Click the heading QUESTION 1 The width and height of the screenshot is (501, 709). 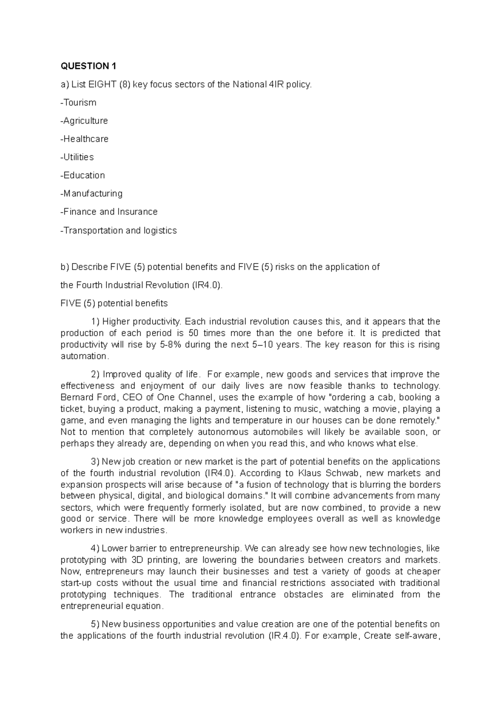88,66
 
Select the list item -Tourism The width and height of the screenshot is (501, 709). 78,103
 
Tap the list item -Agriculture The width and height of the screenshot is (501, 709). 84,121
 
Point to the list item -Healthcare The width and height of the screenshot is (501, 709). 84,139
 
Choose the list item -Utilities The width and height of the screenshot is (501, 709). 77,157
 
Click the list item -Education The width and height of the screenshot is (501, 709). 83,175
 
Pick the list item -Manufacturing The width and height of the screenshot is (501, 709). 91,193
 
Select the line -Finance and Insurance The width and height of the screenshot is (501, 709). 109,212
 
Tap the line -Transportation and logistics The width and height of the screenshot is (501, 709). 119,230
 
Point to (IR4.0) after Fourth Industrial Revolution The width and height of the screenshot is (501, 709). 207,285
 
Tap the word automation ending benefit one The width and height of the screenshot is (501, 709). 83,356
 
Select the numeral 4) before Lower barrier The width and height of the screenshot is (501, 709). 94,548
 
